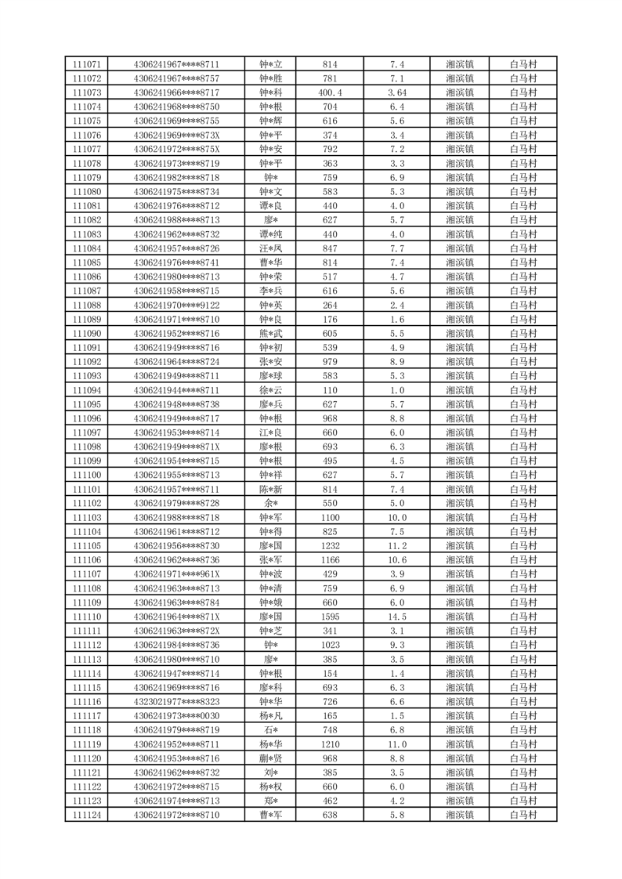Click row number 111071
[87, 64]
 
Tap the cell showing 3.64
[396, 92]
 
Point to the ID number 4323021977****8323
[177, 702]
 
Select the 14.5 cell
[396, 617]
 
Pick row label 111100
[87, 476]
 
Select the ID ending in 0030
[177, 716]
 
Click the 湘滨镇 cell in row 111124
[459, 815]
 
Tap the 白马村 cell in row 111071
[523, 64]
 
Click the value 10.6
[396, 560]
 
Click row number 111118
[87, 730]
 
